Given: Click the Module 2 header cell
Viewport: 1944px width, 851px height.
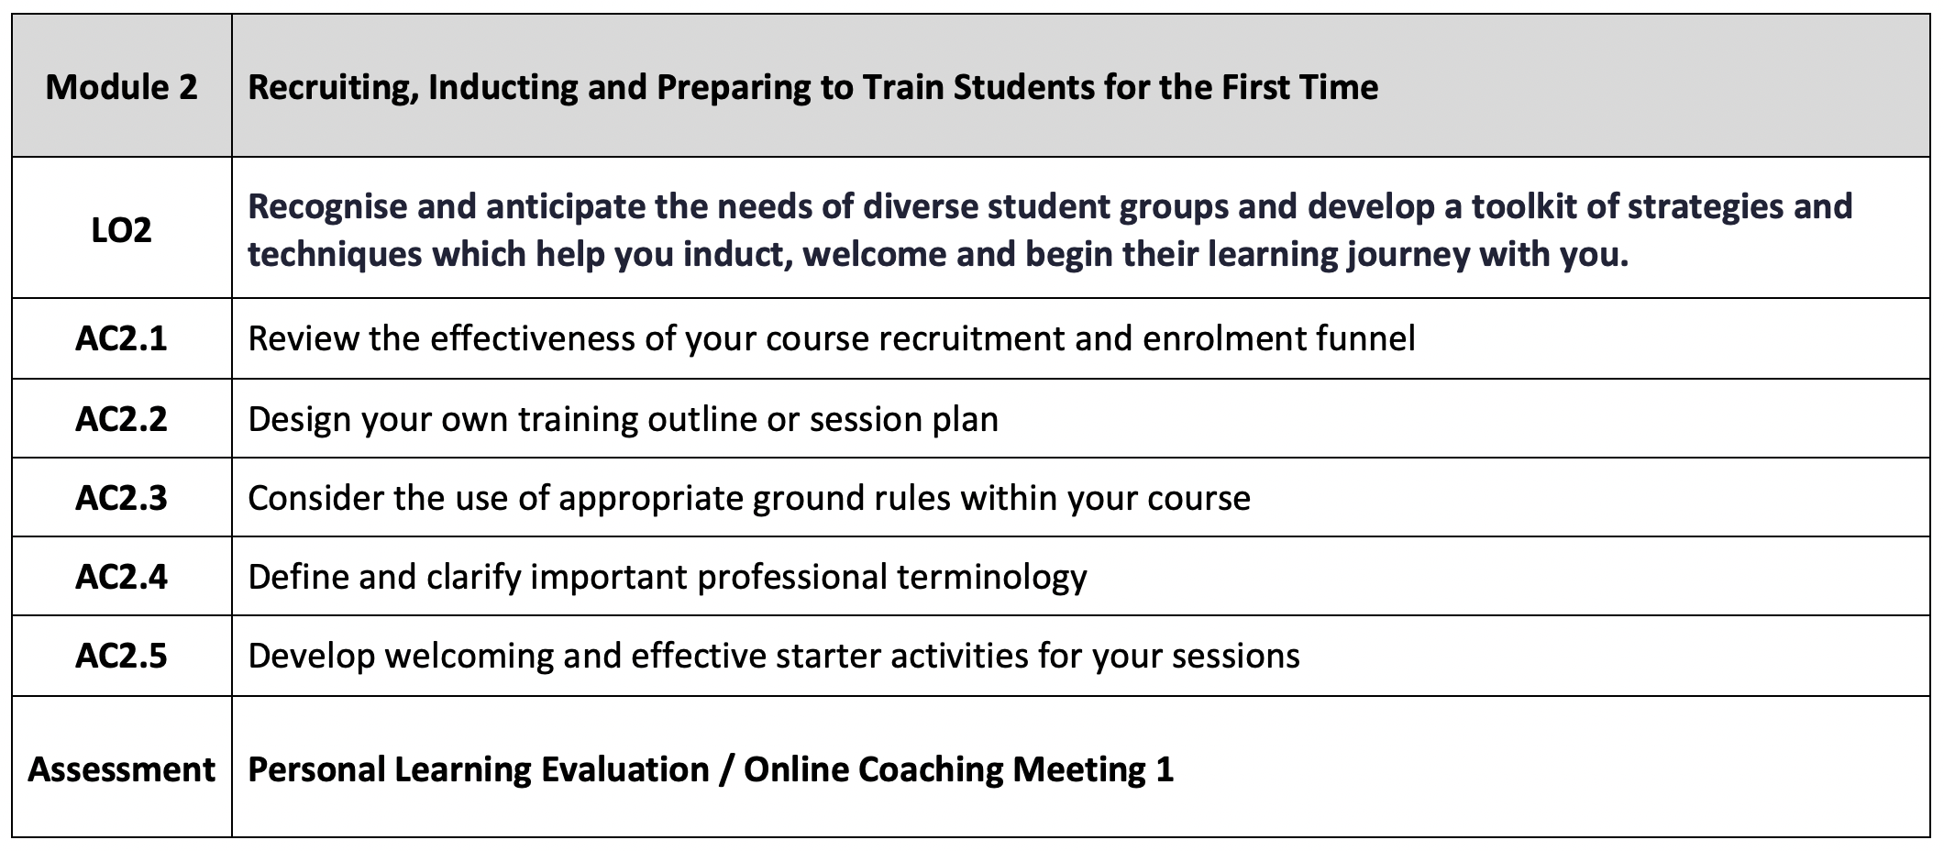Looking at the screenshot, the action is (122, 87).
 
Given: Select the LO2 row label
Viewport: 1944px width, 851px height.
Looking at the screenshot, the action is (122, 230).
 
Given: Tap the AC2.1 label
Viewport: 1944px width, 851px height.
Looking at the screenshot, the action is (122, 339).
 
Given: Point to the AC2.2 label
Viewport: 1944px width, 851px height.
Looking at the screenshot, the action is (122, 419).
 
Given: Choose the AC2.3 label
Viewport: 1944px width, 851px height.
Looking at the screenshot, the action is (122, 498).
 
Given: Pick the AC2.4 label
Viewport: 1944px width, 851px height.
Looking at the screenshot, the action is (122, 577).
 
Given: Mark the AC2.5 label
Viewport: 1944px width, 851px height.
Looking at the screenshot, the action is (122, 657).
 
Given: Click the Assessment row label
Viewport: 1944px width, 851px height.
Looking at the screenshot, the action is (122, 768).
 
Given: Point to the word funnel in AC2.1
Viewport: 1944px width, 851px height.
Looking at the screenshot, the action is (1366, 338).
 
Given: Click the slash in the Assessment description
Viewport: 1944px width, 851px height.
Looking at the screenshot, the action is (726, 769).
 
